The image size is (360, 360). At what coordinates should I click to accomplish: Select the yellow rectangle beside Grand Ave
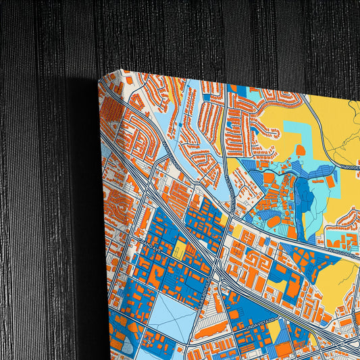(179, 249)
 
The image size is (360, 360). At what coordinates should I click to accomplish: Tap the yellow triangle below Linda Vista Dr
(274, 330)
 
